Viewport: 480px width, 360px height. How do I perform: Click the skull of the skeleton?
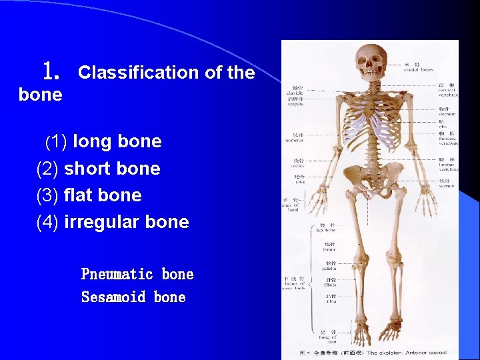pyautogui.click(x=370, y=62)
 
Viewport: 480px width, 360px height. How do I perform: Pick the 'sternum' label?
pyautogui.click(x=447, y=113)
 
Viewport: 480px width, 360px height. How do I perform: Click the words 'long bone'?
pyautogui.click(x=117, y=141)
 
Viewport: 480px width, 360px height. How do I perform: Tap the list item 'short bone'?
pyautogui.click(x=112, y=169)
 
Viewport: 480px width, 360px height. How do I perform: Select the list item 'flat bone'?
pyautogui.click(x=103, y=195)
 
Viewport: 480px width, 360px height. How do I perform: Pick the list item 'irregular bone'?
pyautogui.click(x=126, y=222)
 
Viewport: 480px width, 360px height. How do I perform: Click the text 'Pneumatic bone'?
pyautogui.click(x=137, y=274)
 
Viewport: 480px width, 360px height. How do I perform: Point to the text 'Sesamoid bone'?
pyautogui.click(x=133, y=297)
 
